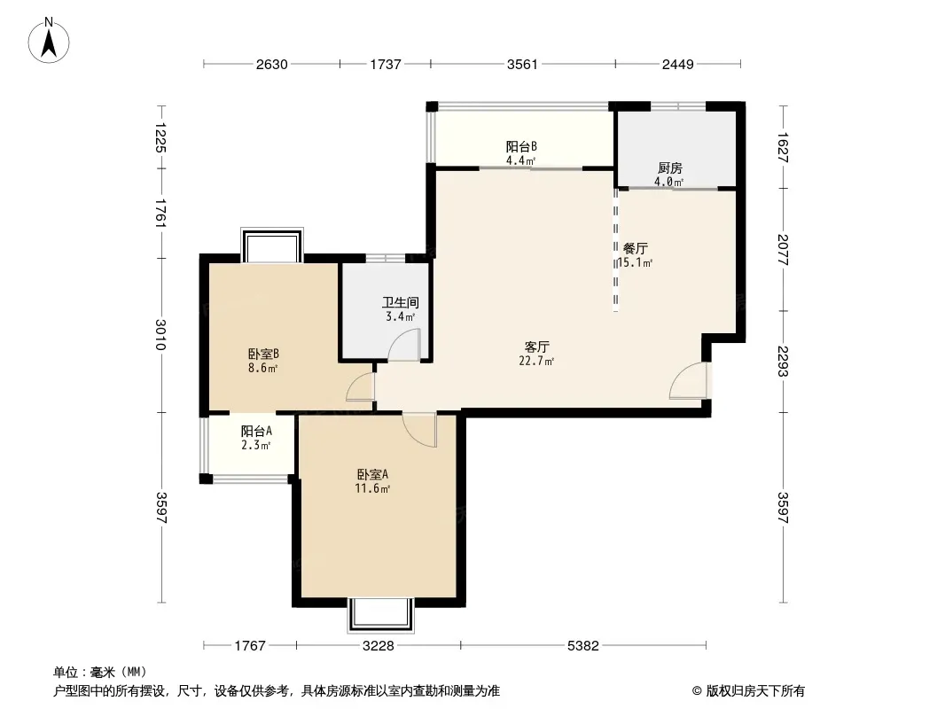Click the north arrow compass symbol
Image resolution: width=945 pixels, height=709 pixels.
49,41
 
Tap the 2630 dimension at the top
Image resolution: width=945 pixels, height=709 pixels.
272,65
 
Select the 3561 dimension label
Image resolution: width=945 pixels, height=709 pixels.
522,65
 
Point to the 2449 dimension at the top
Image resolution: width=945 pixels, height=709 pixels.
678,65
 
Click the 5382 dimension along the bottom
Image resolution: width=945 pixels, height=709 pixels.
583,646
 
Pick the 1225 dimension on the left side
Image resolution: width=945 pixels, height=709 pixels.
161,137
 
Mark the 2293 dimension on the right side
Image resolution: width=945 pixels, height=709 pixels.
783,361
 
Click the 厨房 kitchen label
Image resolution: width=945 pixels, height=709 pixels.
669,168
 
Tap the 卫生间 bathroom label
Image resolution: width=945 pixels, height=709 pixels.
400,302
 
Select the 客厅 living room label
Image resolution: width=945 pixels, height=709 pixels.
536,347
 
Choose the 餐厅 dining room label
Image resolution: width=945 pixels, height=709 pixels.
636,248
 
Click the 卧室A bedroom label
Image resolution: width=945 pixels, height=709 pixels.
372,475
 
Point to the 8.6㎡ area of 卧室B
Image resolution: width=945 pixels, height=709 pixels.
262,368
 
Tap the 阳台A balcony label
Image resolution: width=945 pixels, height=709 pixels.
256,432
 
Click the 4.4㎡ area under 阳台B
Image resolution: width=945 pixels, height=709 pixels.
520,160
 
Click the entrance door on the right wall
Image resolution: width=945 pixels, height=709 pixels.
688,380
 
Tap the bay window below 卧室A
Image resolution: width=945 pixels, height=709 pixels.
381,615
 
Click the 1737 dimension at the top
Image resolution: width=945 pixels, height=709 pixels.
386,65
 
